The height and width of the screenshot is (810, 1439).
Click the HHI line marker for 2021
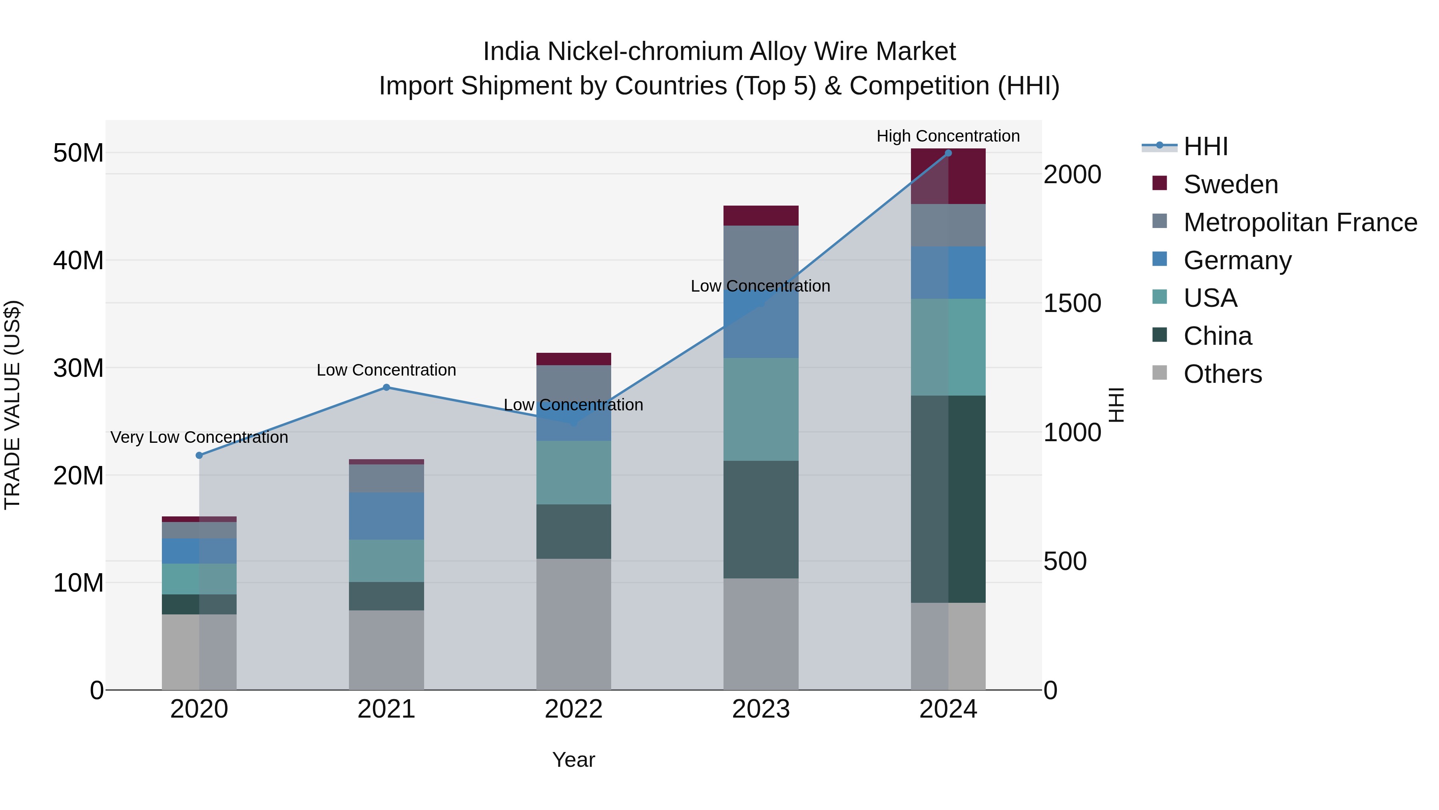click(386, 387)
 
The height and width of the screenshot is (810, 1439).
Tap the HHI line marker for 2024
click(948, 153)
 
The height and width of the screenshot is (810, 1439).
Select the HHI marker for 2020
click(199, 456)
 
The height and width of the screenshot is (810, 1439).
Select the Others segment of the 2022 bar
click(574, 624)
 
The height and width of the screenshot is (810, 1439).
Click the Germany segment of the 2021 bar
click(386, 516)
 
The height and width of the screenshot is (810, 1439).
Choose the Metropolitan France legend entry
click(1300, 222)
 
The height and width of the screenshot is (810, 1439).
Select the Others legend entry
click(1222, 374)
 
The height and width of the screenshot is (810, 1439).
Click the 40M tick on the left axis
click(78, 260)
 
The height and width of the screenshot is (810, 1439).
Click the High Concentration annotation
click(948, 136)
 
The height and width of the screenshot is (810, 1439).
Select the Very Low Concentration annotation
click(199, 437)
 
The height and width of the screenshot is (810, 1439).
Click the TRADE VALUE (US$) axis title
click(12, 405)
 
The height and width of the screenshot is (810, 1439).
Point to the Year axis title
click(574, 760)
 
